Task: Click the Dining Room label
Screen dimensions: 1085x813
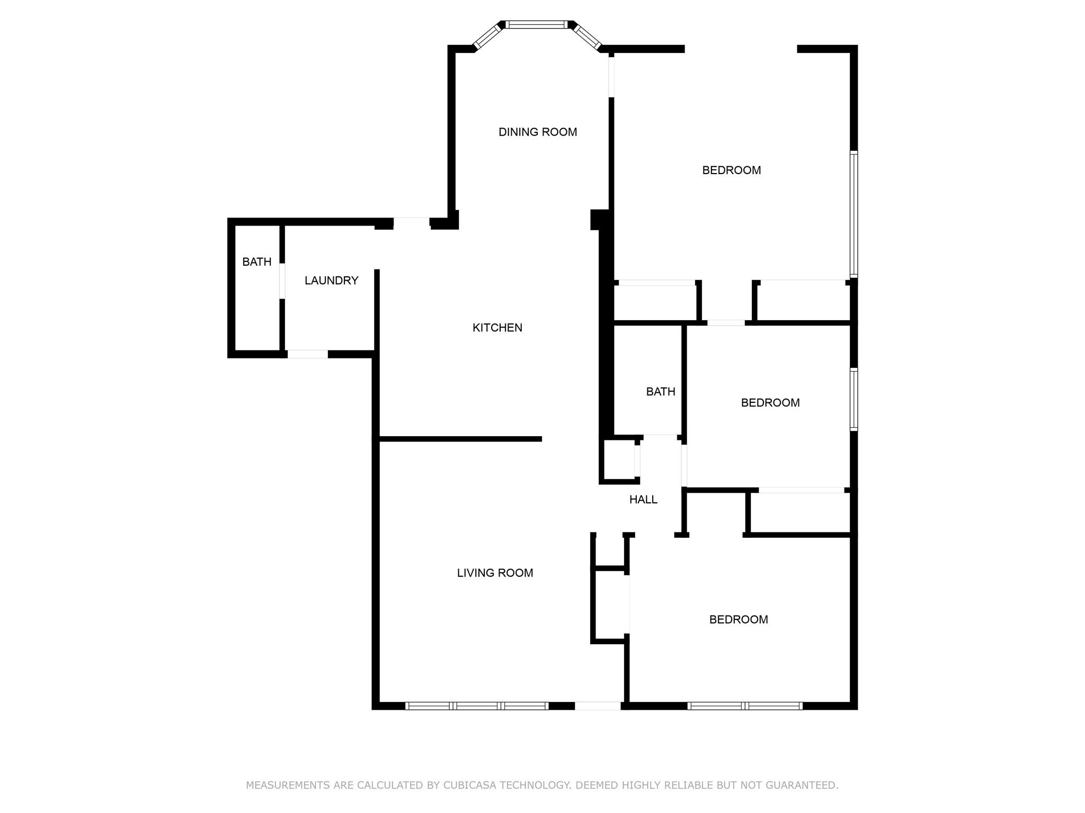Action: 538,132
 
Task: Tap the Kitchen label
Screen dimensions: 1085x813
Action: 497,328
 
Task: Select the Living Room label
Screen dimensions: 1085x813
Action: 495,573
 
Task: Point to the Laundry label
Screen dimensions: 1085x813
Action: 332,281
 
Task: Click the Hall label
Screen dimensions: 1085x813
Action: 643,500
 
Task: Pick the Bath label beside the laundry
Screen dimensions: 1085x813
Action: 257,261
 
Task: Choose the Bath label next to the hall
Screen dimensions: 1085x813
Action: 661,392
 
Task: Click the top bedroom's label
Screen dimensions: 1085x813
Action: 732,170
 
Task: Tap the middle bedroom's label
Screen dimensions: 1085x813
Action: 770,403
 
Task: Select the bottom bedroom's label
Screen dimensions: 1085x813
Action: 739,619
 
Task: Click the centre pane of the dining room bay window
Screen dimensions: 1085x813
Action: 537,24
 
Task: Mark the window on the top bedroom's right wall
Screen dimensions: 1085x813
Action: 853,214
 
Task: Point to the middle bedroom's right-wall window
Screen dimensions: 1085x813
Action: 853,399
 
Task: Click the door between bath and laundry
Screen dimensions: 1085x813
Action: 282,281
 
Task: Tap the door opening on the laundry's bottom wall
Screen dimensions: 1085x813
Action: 307,354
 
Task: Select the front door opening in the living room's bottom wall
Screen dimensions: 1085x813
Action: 598,706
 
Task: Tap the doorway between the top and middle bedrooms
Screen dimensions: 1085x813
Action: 726,322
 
